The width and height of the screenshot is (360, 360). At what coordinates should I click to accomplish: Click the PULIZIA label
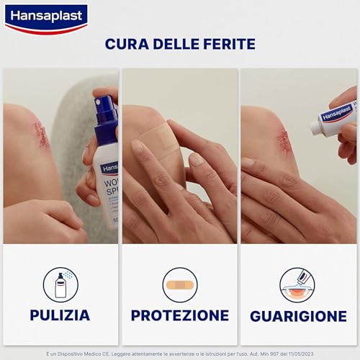(x=60, y=315)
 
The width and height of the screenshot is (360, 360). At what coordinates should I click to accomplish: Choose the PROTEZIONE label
(x=179, y=315)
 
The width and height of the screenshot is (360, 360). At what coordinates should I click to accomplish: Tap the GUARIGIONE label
(x=298, y=316)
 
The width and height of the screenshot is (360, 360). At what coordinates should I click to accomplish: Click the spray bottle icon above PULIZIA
(x=60, y=284)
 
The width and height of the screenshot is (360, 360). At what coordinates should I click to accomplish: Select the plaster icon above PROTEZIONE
(x=179, y=284)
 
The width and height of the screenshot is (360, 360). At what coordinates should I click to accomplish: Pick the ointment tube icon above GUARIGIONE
(x=297, y=284)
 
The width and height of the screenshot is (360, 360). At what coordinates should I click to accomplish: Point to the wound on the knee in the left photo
(x=42, y=134)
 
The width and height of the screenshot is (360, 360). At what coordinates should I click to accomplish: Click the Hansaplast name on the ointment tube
(x=336, y=113)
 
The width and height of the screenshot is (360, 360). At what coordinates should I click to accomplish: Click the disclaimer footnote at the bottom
(x=179, y=354)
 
